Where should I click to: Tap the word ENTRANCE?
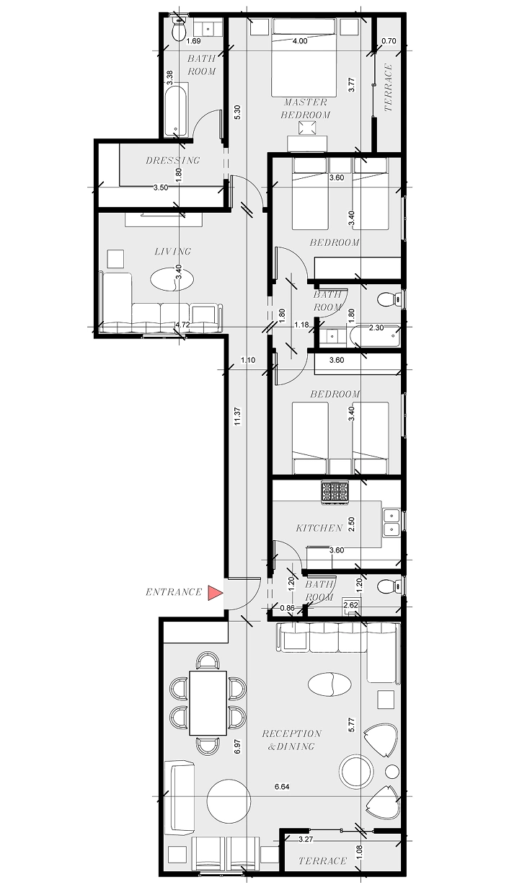coord(174,592)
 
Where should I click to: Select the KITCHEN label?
coord(319,528)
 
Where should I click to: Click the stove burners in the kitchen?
coord(335,492)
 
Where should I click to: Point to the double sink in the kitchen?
coord(391,523)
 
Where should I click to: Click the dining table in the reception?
coord(208,703)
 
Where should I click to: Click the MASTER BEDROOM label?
coord(306,108)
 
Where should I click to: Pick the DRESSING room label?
coord(172,160)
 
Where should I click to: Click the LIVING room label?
coord(173,252)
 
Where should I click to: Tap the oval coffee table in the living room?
coord(171,280)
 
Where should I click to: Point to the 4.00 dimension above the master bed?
coord(300,41)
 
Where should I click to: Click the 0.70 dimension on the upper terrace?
coord(389,41)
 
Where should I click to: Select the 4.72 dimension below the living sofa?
coord(182,325)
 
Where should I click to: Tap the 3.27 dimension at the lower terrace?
coord(306,839)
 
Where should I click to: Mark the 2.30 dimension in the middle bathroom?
coord(376,328)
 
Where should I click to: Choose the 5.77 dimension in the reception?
coord(351,724)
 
